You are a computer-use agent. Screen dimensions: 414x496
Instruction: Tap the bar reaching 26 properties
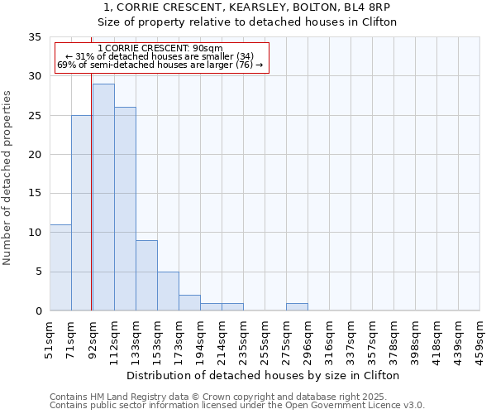click(x=125, y=209)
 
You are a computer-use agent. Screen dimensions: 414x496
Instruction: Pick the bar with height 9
click(x=146, y=275)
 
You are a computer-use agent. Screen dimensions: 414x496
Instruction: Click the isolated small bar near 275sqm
click(x=297, y=306)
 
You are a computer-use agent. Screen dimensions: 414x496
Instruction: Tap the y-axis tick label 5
click(x=38, y=272)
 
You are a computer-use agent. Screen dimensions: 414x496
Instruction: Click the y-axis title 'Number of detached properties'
click(x=7, y=178)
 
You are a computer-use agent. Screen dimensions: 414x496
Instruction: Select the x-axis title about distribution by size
click(x=265, y=375)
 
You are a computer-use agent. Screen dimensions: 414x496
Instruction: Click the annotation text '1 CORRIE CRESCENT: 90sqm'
click(x=160, y=49)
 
